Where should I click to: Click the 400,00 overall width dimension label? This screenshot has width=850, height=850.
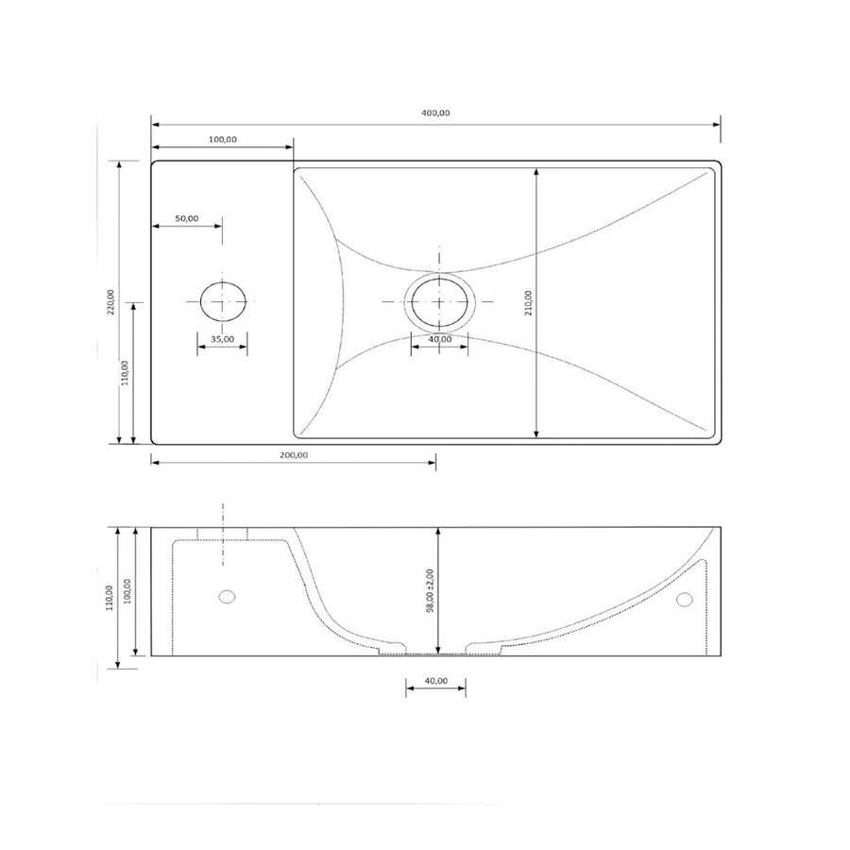(436, 113)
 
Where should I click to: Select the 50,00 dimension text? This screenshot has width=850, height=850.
(187, 218)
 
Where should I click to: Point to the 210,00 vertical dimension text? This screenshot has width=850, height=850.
(529, 301)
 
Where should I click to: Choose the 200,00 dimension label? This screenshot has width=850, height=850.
(293, 454)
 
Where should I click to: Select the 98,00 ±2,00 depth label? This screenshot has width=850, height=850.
(430, 591)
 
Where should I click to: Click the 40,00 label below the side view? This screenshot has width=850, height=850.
(436, 681)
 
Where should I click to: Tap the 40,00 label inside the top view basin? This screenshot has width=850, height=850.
(439, 339)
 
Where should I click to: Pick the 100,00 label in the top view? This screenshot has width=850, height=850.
(222, 139)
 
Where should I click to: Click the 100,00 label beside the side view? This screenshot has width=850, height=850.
(127, 592)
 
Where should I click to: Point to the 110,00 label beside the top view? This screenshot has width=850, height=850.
(127, 372)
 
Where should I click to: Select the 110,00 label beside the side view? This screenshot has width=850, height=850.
(110, 598)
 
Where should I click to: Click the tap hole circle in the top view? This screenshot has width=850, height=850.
(223, 300)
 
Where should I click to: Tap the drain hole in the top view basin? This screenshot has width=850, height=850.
(439, 300)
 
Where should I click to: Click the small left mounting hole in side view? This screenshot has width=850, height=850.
(226, 596)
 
